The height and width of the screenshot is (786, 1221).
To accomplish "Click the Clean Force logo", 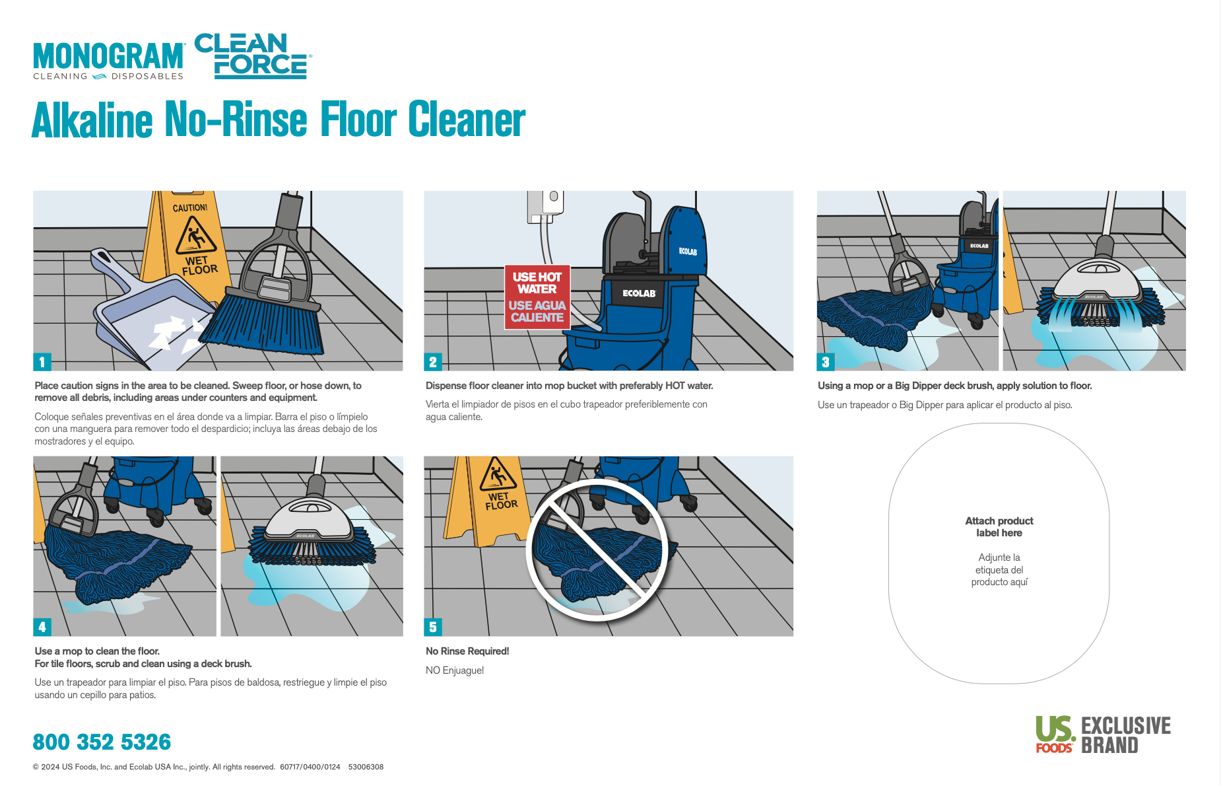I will point(252,56).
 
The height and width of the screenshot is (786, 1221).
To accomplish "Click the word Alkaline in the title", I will point(92,121).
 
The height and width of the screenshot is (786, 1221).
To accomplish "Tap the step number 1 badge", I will point(42,362).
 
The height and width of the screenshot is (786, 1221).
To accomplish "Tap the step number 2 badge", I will point(432,362).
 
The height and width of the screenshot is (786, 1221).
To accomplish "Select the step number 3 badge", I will point(825,362).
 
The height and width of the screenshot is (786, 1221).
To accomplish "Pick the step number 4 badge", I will point(42,627).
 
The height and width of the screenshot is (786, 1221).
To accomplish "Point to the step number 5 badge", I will point(432,627).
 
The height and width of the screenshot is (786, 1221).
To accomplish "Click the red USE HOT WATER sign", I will point(537,297).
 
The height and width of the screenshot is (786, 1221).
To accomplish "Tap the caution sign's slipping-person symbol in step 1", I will point(194,236).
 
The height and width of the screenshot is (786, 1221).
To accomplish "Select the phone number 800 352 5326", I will point(102,742).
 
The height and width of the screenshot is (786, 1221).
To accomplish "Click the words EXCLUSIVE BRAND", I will point(1125,735).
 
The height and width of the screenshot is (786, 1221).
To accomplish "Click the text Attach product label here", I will point(999,527).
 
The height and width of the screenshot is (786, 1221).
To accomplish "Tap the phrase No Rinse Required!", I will point(467,651).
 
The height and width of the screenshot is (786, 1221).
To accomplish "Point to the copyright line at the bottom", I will point(208,767).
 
